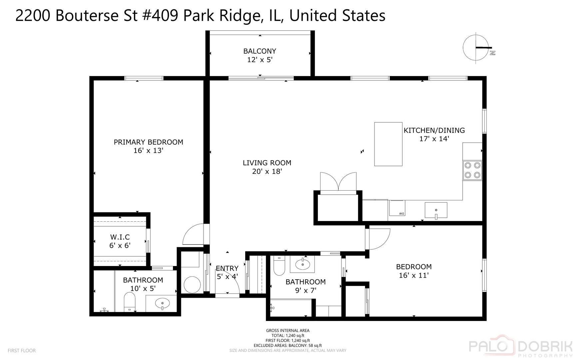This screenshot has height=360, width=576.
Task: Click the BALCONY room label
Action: pyautogui.click(x=260, y=51)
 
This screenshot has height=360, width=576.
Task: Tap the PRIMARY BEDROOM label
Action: pyautogui.click(x=148, y=142)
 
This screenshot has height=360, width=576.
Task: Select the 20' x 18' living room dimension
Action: pyautogui.click(x=267, y=172)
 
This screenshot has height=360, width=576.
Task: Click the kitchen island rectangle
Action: pyautogui.click(x=388, y=144)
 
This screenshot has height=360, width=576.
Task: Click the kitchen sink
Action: pyautogui.click(x=436, y=210)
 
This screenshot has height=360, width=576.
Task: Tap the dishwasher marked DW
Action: pyautogui.click(x=397, y=208)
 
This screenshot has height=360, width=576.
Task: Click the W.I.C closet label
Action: pyautogui.click(x=120, y=237)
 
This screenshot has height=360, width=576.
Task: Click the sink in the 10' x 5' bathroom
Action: pyautogui.click(x=162, y=303)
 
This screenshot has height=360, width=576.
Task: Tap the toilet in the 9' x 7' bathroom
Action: pyautogui.click(x=279, y=265)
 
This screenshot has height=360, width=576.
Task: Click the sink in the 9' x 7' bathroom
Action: pyautogui.click(x=303, y=265)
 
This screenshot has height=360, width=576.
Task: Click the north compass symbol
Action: pyautogui.click(x=476, y=47)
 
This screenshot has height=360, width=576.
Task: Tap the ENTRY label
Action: pyautogui.click(x=227, y=269)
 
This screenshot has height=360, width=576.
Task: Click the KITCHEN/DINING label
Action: pyautogui.click(x=434, y=131)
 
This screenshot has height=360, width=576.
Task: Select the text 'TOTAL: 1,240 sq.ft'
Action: pyautogui.click(x=288, y=336)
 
